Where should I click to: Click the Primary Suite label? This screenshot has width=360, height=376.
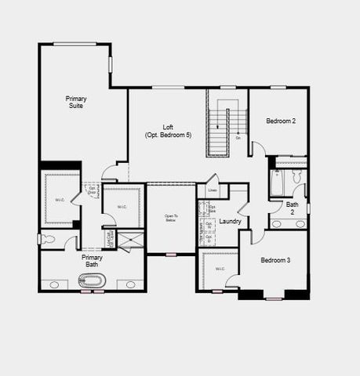coord(76,102)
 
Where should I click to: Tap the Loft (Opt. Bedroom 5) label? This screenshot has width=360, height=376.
coord(167,131)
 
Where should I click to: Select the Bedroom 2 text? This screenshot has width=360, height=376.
coord(280,121)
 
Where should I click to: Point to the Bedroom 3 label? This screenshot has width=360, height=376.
coord(276,260)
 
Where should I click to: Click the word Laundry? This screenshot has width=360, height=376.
coord(230,222)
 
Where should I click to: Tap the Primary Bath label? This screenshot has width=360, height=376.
coord(92,261)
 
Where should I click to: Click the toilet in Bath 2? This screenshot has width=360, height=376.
coord(297,178)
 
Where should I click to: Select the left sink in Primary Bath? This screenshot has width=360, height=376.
coord(53,284)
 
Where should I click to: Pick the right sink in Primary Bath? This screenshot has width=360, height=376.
coord(130,284)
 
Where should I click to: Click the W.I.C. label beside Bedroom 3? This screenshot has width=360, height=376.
coord(219,269)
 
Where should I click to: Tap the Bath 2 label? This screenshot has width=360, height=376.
coord(292,208)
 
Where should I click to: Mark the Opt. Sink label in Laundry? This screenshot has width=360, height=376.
coord(212,208)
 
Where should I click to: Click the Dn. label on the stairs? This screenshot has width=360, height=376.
coord(238,138)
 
